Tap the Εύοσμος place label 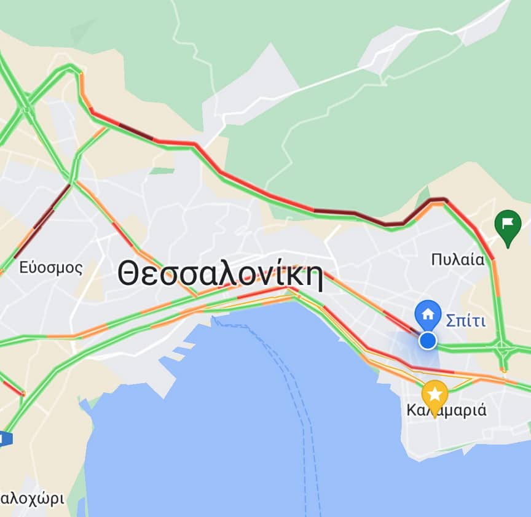tap(50, 268)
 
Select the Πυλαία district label tap(457, 259)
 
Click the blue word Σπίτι tap(465, 321)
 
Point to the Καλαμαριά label tap(447, 410)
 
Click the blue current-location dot tap(428, 341)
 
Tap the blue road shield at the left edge tap(5, 438)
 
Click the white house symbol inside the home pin tap(428, 314)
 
